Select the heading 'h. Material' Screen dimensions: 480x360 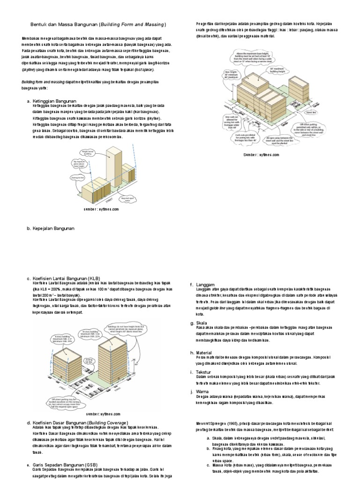[201, 352]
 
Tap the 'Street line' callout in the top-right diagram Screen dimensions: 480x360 [310, 112]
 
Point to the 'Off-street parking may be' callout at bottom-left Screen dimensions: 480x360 [66, 403]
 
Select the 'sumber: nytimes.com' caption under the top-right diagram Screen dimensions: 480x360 [262, 154]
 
